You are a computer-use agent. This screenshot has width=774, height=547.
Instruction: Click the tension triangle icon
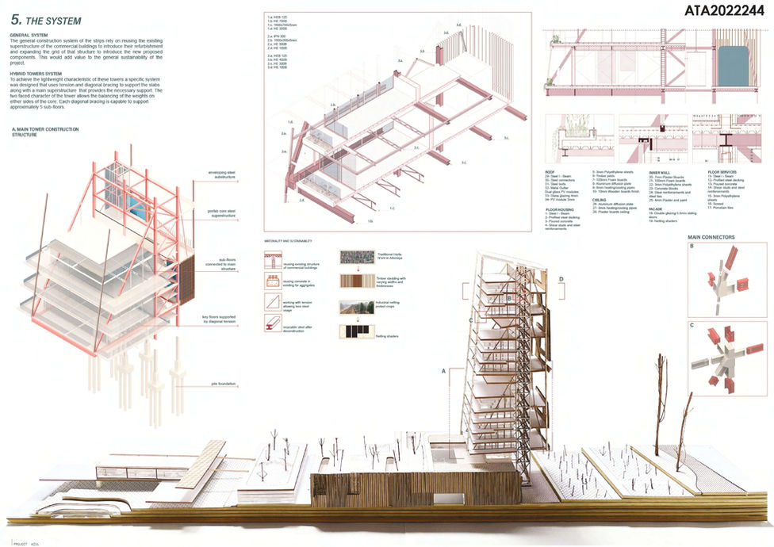point(272,303)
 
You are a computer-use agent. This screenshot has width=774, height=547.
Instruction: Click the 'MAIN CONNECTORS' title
point(711,237)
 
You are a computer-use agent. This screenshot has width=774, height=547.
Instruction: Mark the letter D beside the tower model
point(561,279)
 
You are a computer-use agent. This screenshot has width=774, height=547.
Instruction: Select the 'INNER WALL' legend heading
point(660,172)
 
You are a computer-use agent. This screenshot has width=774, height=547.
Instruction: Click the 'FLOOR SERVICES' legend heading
point(722,172)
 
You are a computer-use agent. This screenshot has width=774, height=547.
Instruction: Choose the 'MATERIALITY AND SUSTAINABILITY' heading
point(289,240)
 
